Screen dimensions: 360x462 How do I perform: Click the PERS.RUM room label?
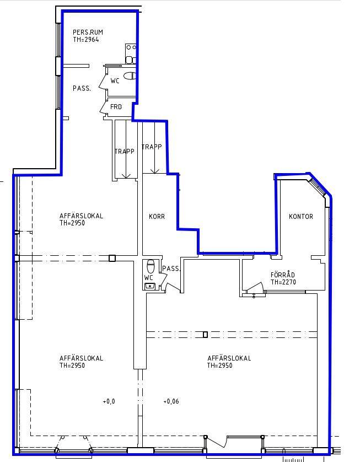tap(88, 32)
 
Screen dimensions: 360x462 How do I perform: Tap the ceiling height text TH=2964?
tap(86, 40)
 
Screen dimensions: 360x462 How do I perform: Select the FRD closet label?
tap(116, 106)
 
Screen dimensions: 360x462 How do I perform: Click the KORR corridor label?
tap(157, 216)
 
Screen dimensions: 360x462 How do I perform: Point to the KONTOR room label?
tap(301, 216)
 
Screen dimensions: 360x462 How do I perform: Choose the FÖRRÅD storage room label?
tap(282, 275)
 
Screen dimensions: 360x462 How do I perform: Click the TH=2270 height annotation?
tap(283, 282)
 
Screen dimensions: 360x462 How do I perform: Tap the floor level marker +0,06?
tap(171, 401)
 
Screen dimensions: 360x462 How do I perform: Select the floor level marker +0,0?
tap(109, 401)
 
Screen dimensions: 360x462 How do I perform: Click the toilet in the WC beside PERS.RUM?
tap(130, 76)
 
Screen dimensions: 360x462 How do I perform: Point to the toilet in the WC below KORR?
tap(151, 266)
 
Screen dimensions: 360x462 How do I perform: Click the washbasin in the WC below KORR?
tap(150, 286)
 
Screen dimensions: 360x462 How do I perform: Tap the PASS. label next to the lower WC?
tap(171, 268)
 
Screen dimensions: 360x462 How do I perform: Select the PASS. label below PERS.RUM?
tap(82, 88)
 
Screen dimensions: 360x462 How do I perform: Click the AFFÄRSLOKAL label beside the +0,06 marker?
tap(229, 358)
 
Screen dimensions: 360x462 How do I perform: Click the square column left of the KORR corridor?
tap(112, 259)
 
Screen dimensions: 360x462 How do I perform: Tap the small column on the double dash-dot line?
tap(205, 335)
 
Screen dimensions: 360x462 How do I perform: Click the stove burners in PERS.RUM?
tap(131, 47)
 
